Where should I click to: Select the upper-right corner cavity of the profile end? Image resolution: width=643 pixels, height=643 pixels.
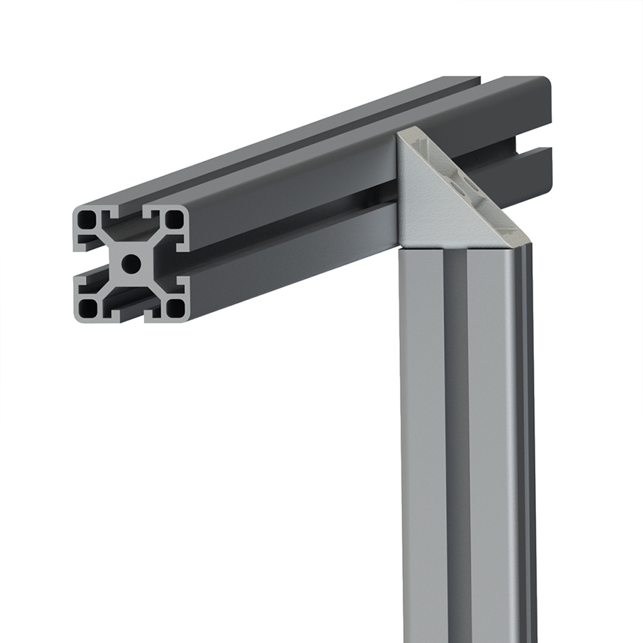tap(174, 219)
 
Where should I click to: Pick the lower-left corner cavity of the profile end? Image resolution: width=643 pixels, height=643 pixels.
tap(88, 308)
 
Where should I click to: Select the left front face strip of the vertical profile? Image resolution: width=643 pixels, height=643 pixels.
tap(423, 440)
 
